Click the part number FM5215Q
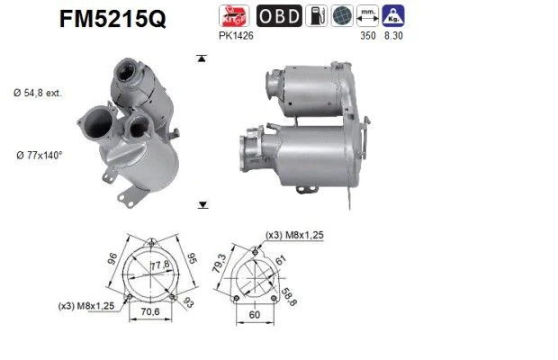(x=112, y=19)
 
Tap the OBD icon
(x=279, y=15)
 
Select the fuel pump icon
(x=317, y=15)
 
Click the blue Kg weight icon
(x=393, y=15)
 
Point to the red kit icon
(x=234, y=15)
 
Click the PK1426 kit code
(x=236, y=36)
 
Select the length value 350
(x=367, y=36)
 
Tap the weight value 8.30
(x=393, y=36)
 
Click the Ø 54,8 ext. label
(x=38, y=94)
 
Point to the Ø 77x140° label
(x=39, y=156)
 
